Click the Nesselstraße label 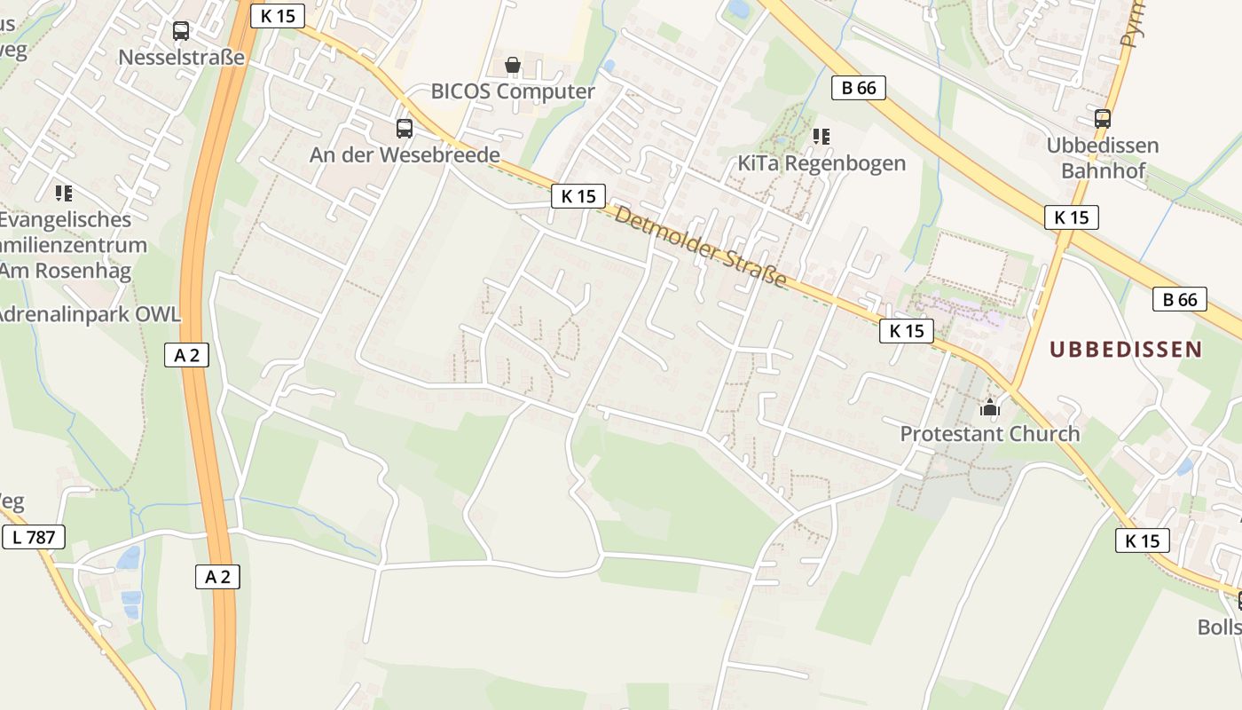click(x=181, y=58)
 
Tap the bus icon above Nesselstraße click(x=181, y=31)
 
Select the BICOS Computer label click(x=513, y=91)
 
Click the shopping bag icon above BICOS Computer click(x=513, y=65)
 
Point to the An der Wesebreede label click(x=405, y=154)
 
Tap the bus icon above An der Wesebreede click(x=405, y=129)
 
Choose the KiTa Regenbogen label click(x=821, y=163)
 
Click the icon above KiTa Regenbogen click(x=821, y=137)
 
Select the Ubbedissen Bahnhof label click(x=1103, y=157)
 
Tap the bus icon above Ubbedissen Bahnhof click(x=1103, y=119)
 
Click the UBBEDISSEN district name click(x=1126, y=350)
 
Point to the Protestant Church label click(x=990, y=434)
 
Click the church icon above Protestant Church click(x=990, y=408)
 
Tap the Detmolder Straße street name click(x=700, y=247)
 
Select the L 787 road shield click(x=34, y=536)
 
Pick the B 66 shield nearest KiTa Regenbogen click(x=859, y=87)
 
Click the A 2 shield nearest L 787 click(x=217, y=577)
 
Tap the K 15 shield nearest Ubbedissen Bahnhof click(x=1072, y=217)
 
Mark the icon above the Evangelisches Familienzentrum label click(x=63, y=193)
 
